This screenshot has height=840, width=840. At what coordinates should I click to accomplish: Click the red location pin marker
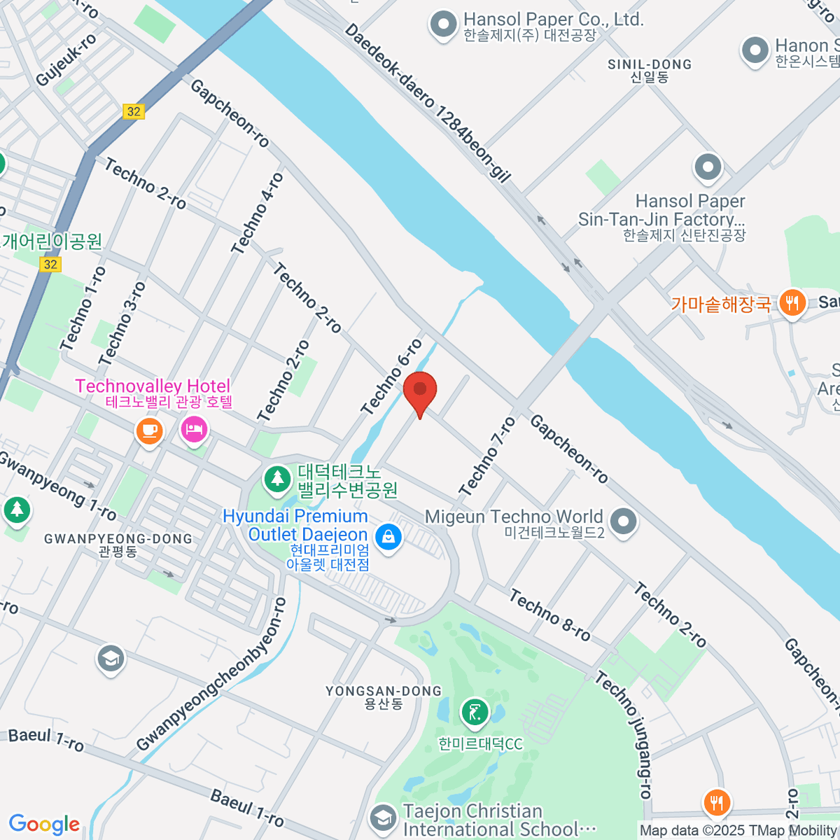click(x=420, y=391)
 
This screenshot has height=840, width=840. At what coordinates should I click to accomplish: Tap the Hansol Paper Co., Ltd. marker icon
click(x=443, y=24)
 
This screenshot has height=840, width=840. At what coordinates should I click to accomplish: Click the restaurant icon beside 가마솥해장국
click(x=792, y=303)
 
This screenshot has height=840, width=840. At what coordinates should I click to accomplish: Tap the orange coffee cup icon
click(x=149, y=429)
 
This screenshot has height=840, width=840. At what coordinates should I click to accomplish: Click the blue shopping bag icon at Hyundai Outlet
click(x=388, y=537)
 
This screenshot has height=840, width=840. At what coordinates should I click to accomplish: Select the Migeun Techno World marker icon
click(x=622, y=521)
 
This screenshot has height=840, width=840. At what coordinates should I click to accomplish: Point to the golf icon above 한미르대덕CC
click(x=475, y=713)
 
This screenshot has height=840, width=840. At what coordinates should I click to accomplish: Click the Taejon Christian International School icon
click(x=382, y=817)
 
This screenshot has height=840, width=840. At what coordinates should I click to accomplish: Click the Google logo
click(x=44, y=824)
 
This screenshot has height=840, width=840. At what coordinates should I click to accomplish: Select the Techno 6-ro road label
click(x=391, y=377)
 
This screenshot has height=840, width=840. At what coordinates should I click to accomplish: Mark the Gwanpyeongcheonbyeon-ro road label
click(x=212, y=675)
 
